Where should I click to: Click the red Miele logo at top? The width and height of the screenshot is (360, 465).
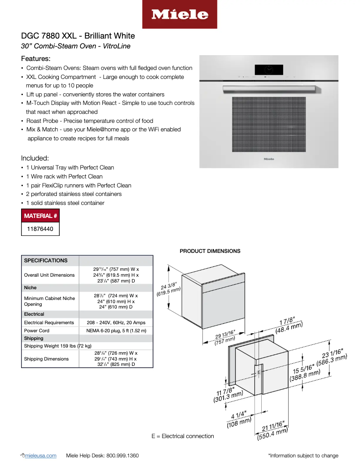point(180,14)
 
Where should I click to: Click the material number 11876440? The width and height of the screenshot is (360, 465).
point(40,229)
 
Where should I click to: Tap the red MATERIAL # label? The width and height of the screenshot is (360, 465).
point(40,216)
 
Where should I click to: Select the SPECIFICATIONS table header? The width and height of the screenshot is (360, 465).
point(46,261)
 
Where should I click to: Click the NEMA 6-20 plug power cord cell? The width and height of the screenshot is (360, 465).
point(116,330)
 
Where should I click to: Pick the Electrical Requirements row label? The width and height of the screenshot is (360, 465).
point(49,322)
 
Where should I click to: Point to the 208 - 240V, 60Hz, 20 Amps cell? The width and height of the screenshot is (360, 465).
point(116,322)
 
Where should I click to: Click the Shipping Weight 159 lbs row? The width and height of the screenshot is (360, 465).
point(57,346)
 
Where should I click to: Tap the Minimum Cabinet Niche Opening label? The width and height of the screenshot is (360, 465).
point(49,301)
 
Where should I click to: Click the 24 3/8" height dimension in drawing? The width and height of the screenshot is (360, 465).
point(170,289)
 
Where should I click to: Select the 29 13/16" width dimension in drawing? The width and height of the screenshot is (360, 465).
point(226,338)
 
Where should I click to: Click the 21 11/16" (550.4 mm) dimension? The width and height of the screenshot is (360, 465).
point(272,430)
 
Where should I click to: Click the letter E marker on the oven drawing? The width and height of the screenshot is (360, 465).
point(259,372)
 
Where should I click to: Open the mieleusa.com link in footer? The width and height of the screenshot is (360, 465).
point(42,456)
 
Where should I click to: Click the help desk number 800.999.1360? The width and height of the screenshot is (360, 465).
point(122,456)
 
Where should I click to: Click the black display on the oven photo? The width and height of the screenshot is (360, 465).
point(268,70)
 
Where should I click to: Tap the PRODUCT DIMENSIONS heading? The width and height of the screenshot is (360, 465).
point(210,251)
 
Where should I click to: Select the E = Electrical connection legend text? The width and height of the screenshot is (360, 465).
point(183,436)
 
